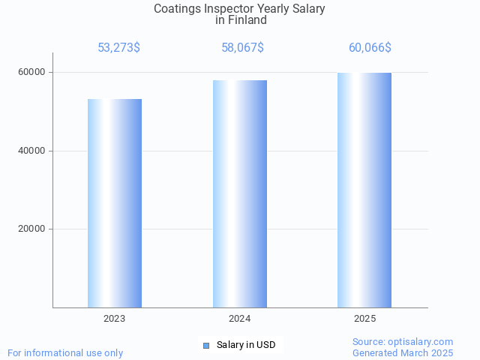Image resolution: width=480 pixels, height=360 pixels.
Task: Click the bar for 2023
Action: tap(115, 203)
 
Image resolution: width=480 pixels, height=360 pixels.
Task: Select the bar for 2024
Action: tap(240, 193)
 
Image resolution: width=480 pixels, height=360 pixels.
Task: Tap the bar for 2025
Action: tap(364, 190)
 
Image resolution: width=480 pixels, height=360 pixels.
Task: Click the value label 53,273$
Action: tap(118, 48)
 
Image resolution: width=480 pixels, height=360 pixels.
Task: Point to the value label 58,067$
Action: tap(242, 48)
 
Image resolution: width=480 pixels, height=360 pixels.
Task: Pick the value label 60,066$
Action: tap(370, 48)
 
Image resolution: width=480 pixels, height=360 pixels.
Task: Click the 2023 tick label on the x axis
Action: tap(115, 319)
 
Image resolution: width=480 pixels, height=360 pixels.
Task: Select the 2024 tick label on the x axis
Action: tap(240, 319)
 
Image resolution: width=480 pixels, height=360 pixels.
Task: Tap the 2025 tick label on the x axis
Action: tap(364, 319)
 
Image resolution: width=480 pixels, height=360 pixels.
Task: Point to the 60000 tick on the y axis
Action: tap(33, 72)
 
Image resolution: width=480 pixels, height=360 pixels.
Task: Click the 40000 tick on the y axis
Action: tap(33, 151)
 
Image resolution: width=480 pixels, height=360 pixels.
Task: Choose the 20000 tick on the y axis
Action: tap(33, 229)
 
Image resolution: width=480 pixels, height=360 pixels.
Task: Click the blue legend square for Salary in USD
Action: tap(206, 345)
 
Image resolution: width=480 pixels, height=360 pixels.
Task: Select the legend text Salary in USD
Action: tap(246, 345)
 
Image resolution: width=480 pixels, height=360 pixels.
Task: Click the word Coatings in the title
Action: tap(178, 9)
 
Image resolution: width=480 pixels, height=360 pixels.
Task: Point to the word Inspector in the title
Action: tap(229, 9)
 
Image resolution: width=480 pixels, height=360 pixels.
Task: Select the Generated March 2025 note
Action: tap(403, 352)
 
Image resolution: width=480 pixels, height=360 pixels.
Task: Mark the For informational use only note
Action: tap(65, 352)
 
